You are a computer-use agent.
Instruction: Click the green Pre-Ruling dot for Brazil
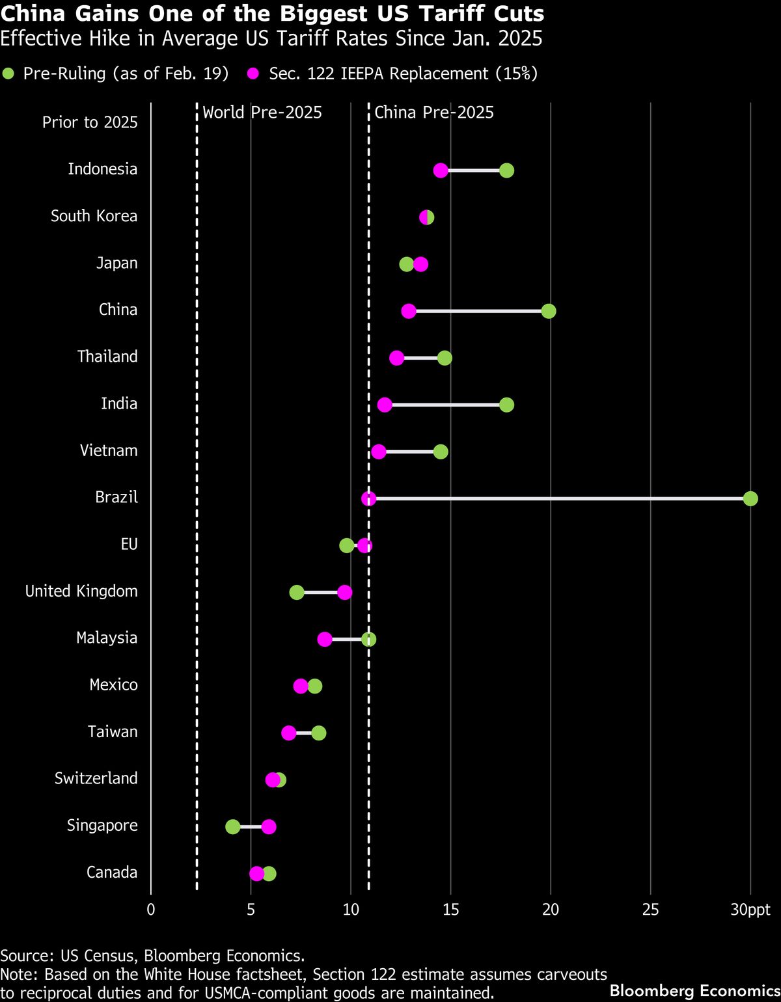[x=750, y=499]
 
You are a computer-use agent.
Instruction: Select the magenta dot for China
[x=409, y=312]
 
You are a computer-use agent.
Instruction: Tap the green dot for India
[x=506, y=405]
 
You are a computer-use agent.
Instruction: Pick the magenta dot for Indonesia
[x=441, y=170]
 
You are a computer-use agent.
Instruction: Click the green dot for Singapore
[x=232, y=827]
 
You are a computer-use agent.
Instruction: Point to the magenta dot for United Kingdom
[x=345, y=593]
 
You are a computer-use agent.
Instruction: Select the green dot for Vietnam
[x=441, y=452]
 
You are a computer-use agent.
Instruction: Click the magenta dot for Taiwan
[x=289, y=733]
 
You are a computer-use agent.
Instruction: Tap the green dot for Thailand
[x=445, y=359]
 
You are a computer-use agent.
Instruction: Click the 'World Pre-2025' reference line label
[x=262, y=113]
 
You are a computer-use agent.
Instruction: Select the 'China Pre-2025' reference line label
[x=434, y=113]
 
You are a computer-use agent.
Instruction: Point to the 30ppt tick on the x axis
[x=750, y=910]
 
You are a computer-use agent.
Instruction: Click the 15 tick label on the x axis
[x=450, y=910]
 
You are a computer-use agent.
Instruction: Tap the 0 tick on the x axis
[x=151, y=910]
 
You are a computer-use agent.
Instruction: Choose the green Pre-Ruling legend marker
[x=8, y=74]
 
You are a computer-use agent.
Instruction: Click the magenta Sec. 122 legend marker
[x=253, y=74]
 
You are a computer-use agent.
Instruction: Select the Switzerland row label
[x=96, y=779]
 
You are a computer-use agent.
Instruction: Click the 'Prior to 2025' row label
[x=90, y=122]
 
